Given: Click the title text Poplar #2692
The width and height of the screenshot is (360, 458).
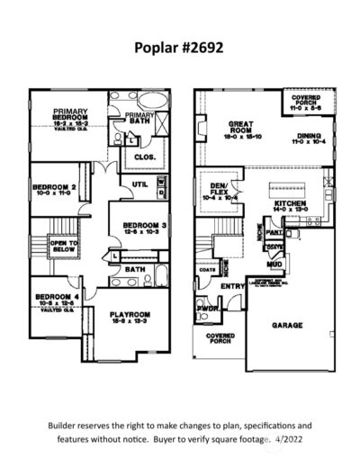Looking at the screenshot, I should [179, 46].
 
